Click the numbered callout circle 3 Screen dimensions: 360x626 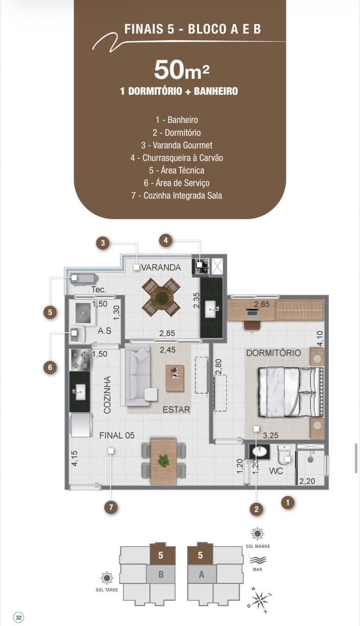tap(103, 243)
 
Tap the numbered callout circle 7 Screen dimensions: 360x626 tap(111, 507)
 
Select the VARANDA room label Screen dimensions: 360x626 tap(161, 268)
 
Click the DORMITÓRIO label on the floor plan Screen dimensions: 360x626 tap(273, 353)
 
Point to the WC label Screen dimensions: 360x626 tap(276, 471)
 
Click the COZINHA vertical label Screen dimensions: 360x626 tap(107, 395)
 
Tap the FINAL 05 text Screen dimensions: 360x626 tap(117, 435)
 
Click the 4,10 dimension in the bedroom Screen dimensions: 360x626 tap(320, 338)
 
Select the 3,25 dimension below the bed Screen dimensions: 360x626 tap(270, 435)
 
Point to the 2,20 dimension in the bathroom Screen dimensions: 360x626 tap(307, 481)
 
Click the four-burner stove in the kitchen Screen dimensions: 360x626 tap(81, 359)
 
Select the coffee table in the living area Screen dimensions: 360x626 tap(175, 378)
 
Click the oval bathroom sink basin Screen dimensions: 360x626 tap(259, 451)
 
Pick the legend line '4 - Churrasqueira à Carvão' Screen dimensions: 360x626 tap(177, 158)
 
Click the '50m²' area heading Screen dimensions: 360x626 tap(181, 70)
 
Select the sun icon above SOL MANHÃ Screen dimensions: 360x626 tap(257, 534)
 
